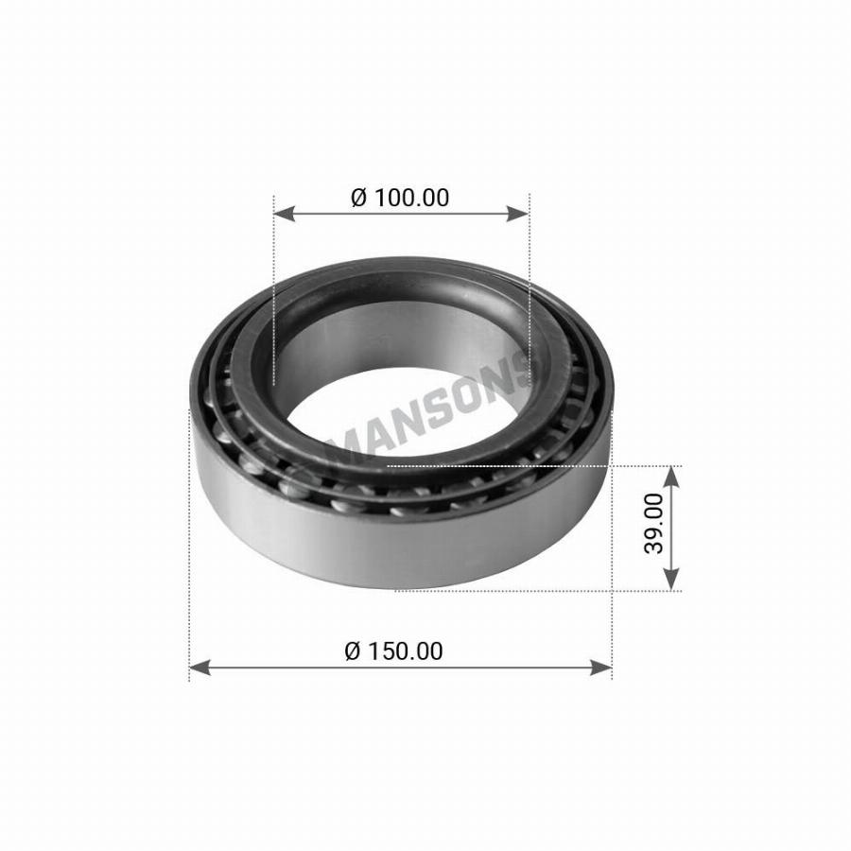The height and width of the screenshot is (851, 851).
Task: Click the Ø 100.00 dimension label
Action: click(400, 198)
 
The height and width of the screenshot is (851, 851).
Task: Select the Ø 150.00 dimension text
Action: click(393, 651)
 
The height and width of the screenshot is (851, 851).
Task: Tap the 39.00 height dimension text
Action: click(653, 523)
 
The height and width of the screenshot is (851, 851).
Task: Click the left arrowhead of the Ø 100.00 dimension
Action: click(285, 214)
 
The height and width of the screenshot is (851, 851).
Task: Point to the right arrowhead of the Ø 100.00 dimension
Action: click(517, 214)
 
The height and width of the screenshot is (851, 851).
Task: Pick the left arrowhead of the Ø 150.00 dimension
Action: click(200, 668)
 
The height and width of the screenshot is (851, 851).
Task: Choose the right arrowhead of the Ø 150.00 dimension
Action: click(600, 668)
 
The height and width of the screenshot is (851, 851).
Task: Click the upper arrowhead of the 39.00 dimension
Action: click(672, 477)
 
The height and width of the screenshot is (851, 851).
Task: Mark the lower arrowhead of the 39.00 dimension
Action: click(672, 580)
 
